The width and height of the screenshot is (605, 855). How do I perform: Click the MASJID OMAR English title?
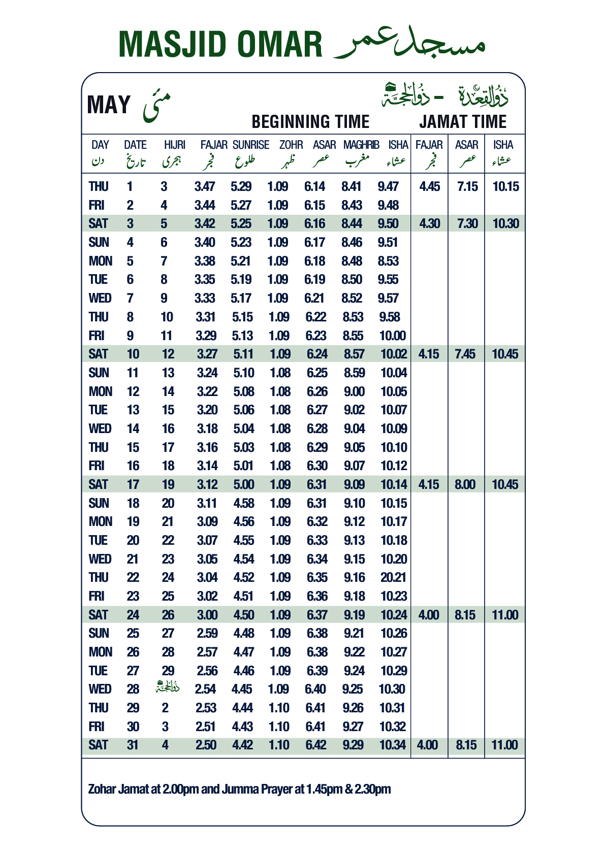220,44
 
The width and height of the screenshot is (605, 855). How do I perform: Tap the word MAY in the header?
109,105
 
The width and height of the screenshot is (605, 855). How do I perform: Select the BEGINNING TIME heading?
310,122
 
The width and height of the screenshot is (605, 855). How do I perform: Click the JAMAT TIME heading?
463,122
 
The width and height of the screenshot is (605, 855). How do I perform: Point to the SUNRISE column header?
251,145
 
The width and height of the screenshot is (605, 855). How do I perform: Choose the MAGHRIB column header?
361,145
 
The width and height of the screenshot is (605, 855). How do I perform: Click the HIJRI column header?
175,145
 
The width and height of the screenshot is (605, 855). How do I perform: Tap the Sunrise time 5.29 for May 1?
241,186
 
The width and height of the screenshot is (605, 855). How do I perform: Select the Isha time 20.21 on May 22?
393,577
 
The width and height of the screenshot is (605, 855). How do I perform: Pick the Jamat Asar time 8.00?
465,484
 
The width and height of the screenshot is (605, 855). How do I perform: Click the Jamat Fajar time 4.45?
430,186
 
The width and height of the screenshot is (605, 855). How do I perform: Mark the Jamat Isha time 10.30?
505,223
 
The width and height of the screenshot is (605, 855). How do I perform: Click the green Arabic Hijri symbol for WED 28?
168,688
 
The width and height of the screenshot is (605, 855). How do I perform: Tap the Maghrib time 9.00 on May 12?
354,391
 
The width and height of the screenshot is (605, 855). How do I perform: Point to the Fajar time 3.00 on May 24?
207,615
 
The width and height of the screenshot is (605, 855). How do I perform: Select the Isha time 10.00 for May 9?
392,336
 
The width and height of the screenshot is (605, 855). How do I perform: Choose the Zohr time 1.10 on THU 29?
279,708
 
